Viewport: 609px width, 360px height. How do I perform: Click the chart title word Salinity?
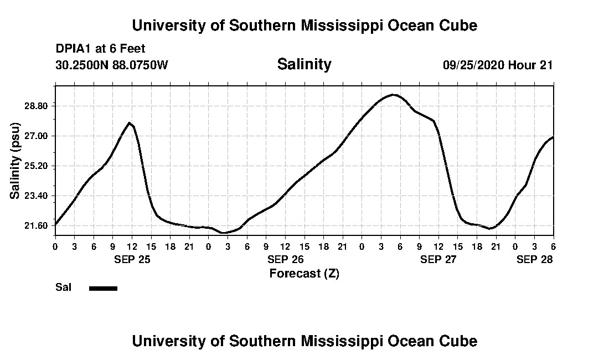(x=304, y=64)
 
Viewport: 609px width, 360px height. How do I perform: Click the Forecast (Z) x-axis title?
(x=304, y=273)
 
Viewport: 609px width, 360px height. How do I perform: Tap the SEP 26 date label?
(x=285, y=259)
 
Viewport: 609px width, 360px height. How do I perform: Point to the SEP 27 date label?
(x=438, y=259)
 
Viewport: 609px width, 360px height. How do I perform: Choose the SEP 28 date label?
(x=535, y=259)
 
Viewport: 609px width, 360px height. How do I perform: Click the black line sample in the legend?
(x=103, y=288)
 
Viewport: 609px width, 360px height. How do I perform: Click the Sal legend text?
(x=63, y=287)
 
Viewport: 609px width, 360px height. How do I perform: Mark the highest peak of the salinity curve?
(x=393, y=95)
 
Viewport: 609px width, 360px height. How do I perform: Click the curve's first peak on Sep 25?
(x=130, y=123)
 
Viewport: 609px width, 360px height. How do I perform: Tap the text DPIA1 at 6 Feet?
(x=100, y=49)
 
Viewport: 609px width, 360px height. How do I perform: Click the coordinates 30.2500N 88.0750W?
(x=111, y=65)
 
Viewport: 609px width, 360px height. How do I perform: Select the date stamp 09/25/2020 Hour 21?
(x=498, y=65)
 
